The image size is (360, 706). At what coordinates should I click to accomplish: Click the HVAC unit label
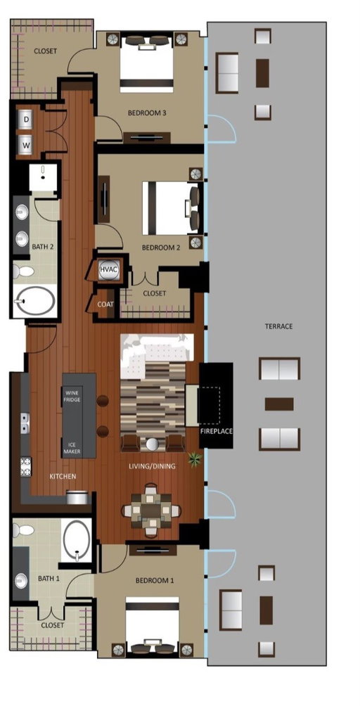coord(108,269)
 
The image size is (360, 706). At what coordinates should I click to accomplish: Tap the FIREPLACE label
coord(216,431)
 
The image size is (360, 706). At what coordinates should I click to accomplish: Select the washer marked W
coord(25,144)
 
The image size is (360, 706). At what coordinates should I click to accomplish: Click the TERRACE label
coord(278,326)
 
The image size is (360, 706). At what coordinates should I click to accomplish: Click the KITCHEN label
coord(63,477)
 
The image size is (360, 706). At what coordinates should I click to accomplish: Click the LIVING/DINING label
coord(151,466)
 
